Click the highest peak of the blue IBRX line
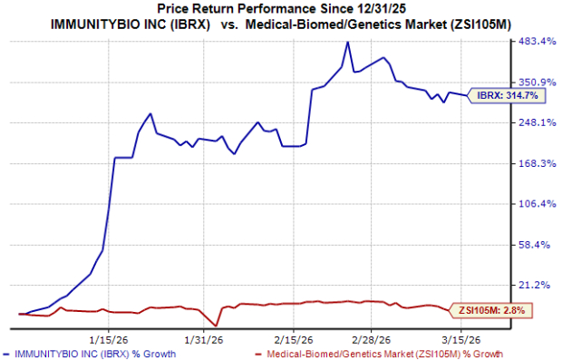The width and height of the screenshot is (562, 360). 348,42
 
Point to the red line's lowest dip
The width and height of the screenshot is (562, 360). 216,326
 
